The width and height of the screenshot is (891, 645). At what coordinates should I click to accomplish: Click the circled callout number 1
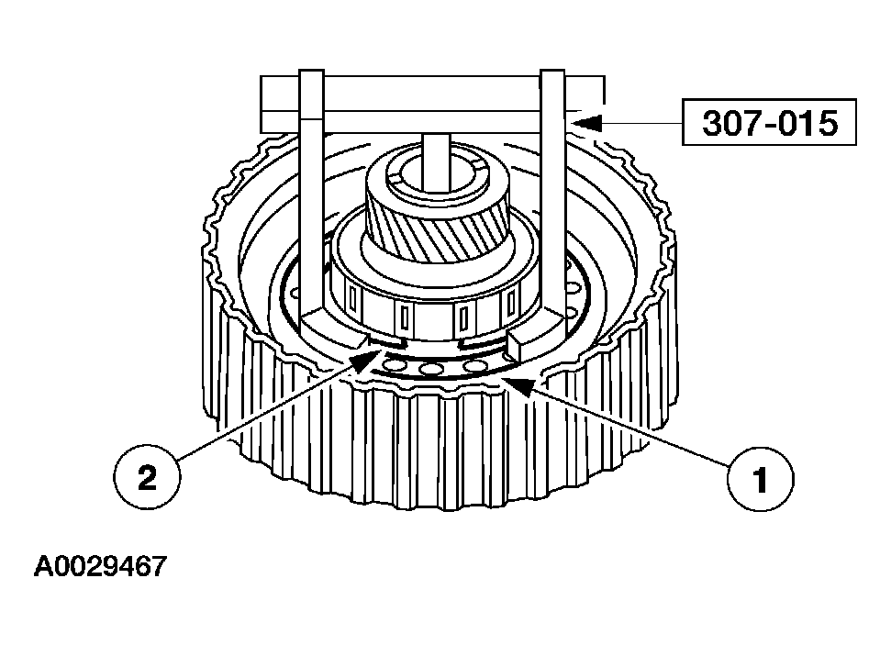(x=761, y=479)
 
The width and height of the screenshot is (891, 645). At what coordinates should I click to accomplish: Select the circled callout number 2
(x=147, y=477)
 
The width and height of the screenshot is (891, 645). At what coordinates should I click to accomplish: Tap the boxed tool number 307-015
(x=769, y=123)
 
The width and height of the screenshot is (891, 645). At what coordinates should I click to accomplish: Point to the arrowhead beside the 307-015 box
(x=587, y=123)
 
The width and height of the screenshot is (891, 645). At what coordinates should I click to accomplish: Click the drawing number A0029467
(x=101, y=567)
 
